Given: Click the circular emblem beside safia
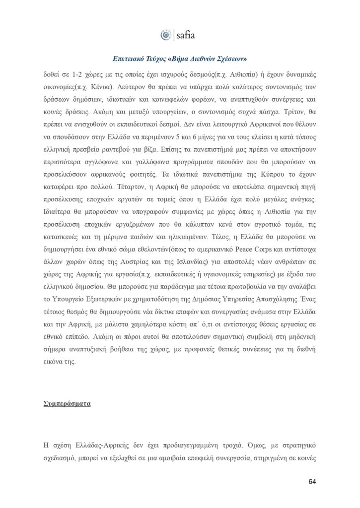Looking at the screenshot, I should [x=165, y=35].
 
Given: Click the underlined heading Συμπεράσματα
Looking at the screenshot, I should [x=67, y=404].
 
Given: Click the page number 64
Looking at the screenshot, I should [x=312, y=482].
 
